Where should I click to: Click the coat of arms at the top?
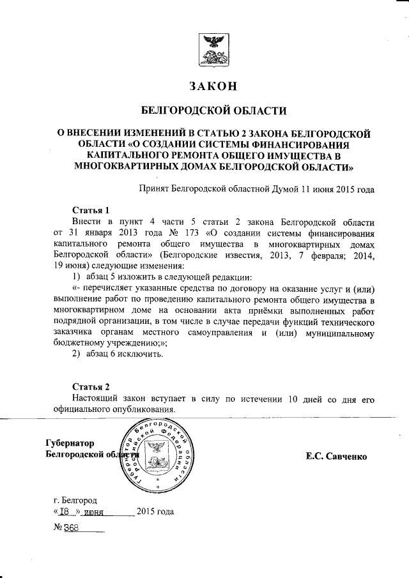(x=213, y=52)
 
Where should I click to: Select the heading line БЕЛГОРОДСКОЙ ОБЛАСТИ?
(x=213, y=110)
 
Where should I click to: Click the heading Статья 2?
(x=91, y=387)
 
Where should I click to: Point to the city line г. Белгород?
(x=75, y=499)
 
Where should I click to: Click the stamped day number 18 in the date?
(x=65, y=512)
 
